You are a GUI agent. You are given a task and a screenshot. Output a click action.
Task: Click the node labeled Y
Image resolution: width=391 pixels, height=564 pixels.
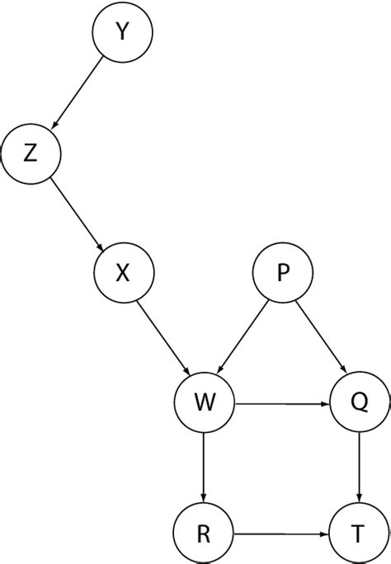point(122,33)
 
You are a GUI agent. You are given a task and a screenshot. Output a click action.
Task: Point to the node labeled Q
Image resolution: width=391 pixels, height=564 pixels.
point(358,404)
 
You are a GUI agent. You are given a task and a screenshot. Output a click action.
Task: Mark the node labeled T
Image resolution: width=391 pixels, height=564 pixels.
point(358,533)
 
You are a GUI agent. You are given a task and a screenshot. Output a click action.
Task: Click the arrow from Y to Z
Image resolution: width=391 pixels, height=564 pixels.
point(78,92)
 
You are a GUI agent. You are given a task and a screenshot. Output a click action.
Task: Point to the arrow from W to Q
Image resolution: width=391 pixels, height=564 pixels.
point(280,404)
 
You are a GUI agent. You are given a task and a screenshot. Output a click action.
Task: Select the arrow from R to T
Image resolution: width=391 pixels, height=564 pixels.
point(280,533)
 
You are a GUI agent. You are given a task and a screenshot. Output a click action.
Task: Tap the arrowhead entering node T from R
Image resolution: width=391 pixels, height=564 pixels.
point(324,533)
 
